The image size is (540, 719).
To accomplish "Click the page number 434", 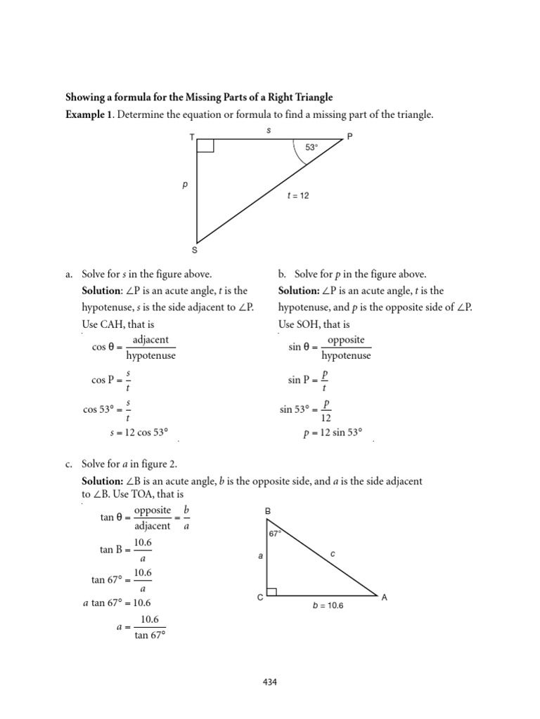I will (270, 681).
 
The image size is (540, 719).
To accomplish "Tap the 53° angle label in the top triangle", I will (311, 147).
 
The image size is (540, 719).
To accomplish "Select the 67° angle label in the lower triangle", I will (274, 534).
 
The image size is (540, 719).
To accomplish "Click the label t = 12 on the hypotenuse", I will (297, 196).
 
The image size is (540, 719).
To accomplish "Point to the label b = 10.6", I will (328, 605).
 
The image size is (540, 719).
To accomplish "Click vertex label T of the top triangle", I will (192, 137).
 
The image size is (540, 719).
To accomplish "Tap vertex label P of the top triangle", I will (349, 137).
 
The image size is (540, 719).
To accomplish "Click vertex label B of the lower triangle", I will (267, 512).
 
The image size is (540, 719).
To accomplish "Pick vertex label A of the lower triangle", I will (384, 598).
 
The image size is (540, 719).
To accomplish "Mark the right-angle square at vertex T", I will (206, 145).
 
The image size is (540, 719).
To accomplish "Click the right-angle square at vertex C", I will (272, 591).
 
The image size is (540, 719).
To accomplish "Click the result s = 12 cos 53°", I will (140, 433).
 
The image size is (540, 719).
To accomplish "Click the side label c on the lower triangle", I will (333, 554).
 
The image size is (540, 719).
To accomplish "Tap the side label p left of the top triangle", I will (185, 186).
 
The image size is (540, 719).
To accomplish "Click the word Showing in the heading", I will (84, 97).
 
